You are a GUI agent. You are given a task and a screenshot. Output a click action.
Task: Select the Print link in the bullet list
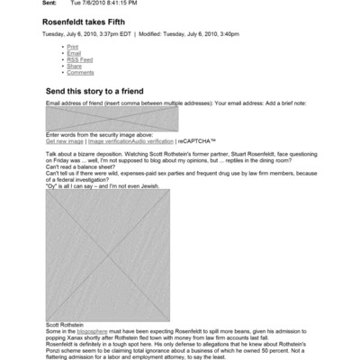(72, 46)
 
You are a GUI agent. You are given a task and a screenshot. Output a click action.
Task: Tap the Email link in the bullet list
(73, 53)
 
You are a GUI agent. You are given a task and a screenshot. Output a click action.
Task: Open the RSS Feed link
(79, 59)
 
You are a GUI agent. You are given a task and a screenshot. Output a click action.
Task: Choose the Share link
(74, 66)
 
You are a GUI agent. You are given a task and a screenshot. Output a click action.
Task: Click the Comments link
(80, 72)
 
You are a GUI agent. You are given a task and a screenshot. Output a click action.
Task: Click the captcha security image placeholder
(99, 119)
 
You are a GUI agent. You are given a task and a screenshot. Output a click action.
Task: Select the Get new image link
(65, 141)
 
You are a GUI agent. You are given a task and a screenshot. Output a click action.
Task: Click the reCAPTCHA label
(199, 141)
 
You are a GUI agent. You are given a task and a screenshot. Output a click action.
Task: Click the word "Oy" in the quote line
(50, 185)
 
